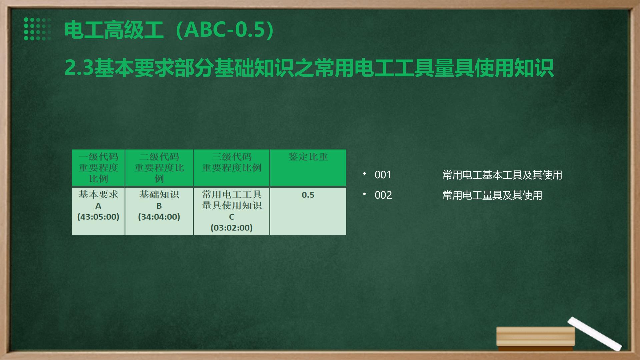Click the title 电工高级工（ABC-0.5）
(x=169, y=30)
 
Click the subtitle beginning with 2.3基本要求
(x=309, y=68)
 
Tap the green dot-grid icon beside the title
(x=37, y=29)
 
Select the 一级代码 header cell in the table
(x=98, y=168)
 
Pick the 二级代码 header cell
(x=159, y=168)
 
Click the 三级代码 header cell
(x=232, y=168)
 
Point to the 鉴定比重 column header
(x=308, y=157)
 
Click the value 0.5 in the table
(x=308, y=195)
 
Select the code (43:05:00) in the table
(x=98, y=217)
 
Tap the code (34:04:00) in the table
(x=159, y=217)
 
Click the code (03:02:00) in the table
(x=232, y=228)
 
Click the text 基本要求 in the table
(x=98, y=194)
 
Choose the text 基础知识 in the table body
(x=159, y=194)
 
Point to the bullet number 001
(x=383, y=175)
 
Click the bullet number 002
(x=383, y=195)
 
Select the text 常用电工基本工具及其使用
(x=502, y=175)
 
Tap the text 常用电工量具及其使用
(x=492, y=195)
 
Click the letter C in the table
(x=232, y=217)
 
